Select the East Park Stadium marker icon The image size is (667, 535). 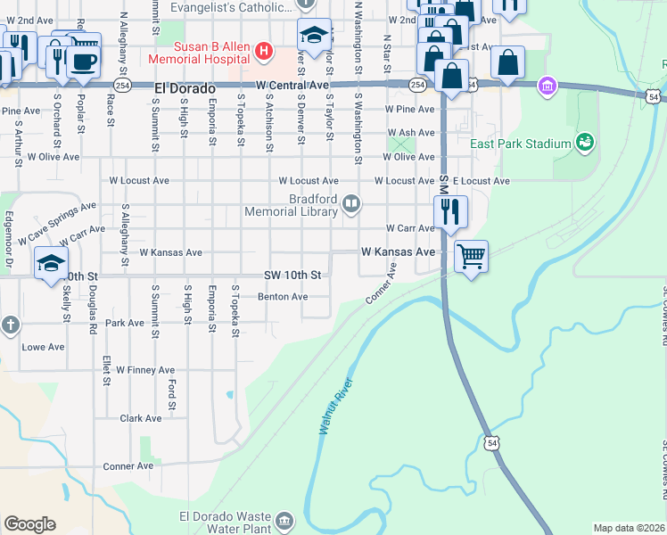[x=585, y=143]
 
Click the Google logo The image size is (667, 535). [x=29, y=524]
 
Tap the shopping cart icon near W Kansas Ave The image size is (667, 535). [x=471, y=256]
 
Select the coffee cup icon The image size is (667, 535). [x=84, y=62]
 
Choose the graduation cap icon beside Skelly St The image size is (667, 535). [x=51, y=262]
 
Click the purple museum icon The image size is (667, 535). [x=547, y=86]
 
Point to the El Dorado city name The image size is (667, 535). [x=185, y=89]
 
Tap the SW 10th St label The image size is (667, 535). [x=292, y=275]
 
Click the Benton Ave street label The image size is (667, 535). [x=283, y=297]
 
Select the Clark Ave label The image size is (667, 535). [x=141, y=417]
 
